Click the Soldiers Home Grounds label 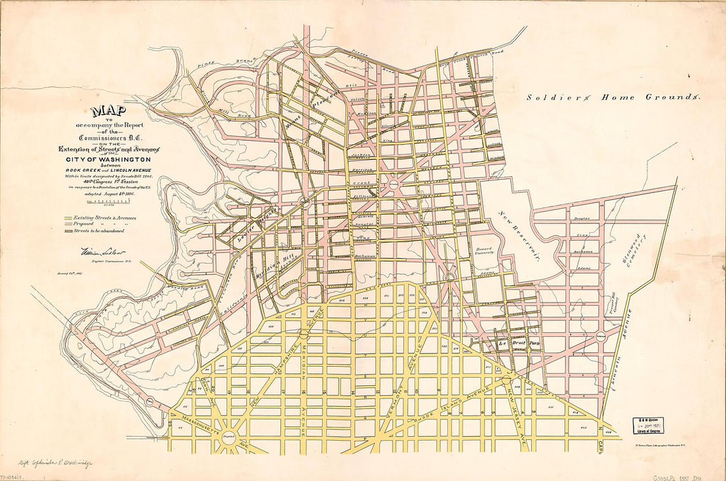[x=612, y=97]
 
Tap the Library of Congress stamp [x=647, y=425]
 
